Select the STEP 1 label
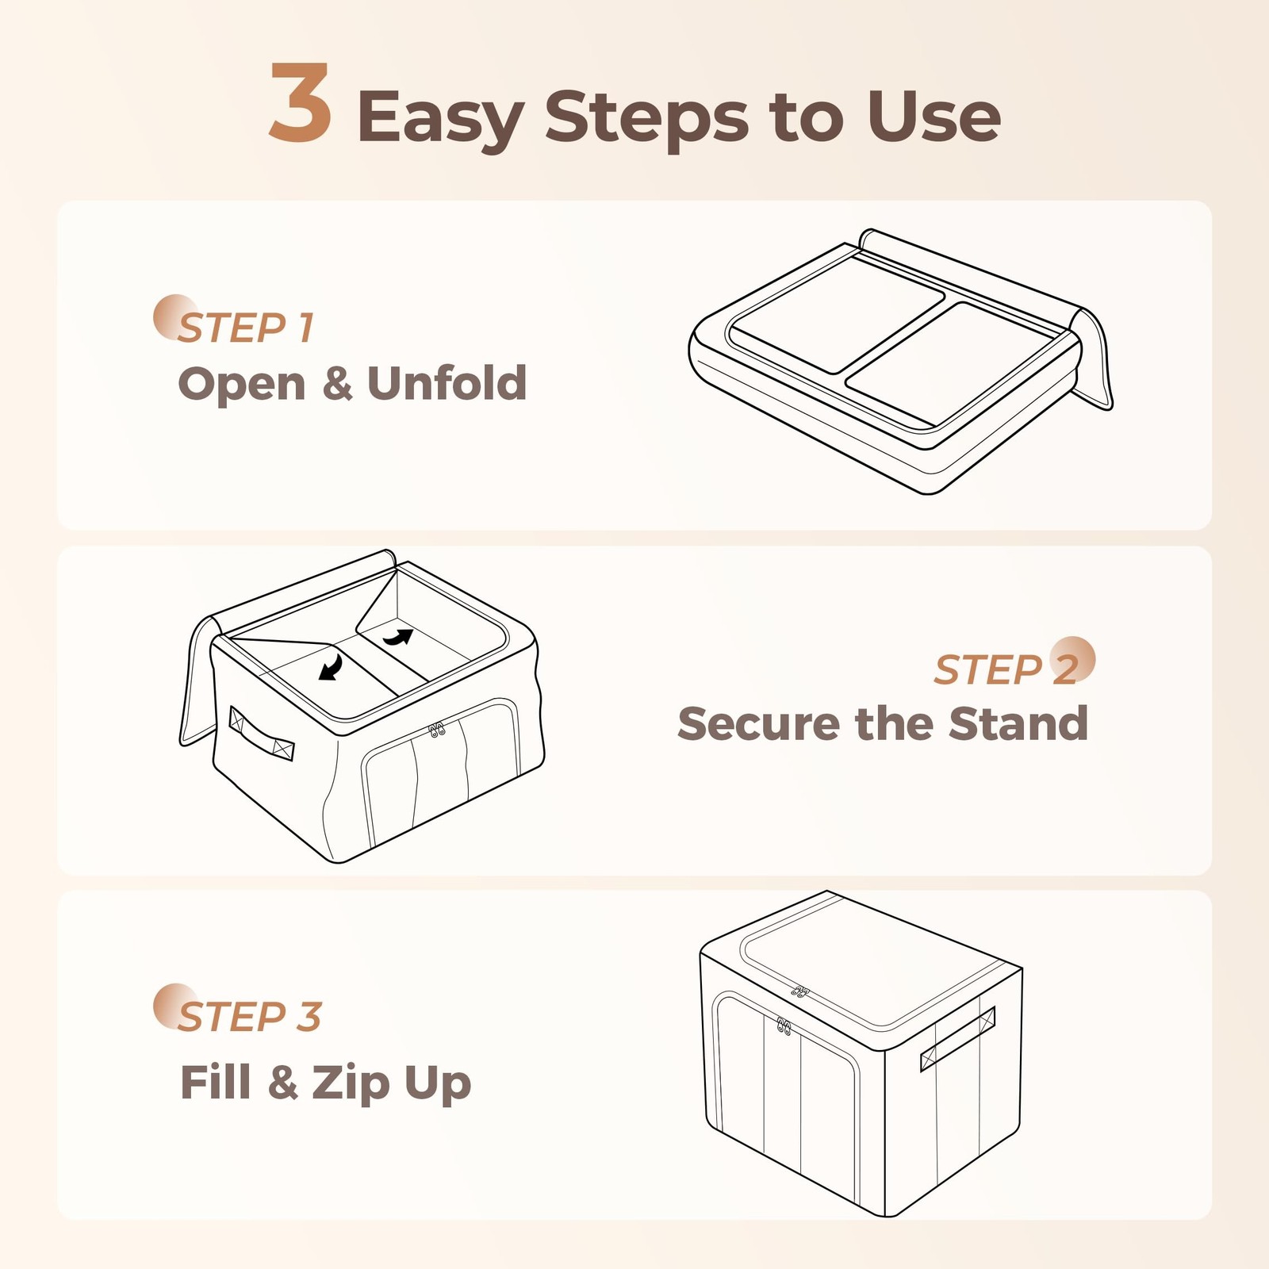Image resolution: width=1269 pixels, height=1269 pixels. coord(246,328)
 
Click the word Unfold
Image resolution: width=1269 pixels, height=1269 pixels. coord(447,383)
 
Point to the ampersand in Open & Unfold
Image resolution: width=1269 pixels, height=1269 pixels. coord(337,384)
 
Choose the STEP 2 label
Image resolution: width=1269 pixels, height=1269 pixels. coord(1007,669)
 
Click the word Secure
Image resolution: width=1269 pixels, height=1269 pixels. coord(757,723)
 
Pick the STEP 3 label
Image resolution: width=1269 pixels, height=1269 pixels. coord(249,1016)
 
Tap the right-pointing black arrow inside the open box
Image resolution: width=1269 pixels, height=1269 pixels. coord(399,636)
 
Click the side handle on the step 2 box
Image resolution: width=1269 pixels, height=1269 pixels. coord(261,733)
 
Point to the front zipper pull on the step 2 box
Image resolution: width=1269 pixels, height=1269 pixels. coord(436,729)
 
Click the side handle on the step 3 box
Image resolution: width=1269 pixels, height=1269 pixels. coord(957,1039)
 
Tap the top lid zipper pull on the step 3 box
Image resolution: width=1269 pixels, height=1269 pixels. coord(800,991)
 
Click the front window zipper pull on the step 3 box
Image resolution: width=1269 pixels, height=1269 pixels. coord(784,1026)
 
